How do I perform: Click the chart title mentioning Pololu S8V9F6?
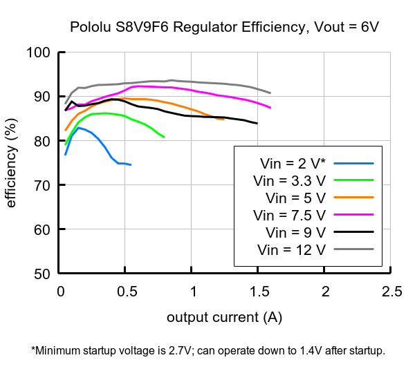(224, 28)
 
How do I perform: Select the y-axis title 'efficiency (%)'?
(12, 163)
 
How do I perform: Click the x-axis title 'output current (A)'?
(224, 317)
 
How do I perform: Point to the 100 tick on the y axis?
(39, 53)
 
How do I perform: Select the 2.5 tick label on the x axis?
(391, 291)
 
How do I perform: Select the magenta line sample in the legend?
(353, 215)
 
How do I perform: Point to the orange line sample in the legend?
(353, 198)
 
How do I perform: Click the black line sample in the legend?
(353, 232)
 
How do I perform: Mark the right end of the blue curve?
(131, 165)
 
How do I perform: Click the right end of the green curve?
(164, 137)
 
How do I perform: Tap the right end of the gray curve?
(270, 93)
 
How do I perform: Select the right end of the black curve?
(257, 123)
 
